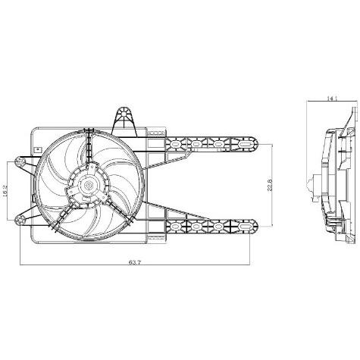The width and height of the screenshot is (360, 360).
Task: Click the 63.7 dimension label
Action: (134, 262)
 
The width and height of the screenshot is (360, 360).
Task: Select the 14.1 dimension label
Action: (332, 99)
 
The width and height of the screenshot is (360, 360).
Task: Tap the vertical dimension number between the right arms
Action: (269, 185)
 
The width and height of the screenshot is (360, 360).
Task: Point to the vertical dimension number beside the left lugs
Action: (5, 190)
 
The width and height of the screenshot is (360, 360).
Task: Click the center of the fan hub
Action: (89, 185)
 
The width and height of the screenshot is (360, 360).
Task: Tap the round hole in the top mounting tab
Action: (124, 114)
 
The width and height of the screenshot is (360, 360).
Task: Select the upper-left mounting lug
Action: (19, 161)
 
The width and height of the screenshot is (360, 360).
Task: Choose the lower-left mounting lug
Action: (20, 221)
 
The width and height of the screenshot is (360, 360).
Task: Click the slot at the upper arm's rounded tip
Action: (244, 144)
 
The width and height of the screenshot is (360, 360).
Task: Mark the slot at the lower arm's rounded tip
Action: (244, 226)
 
